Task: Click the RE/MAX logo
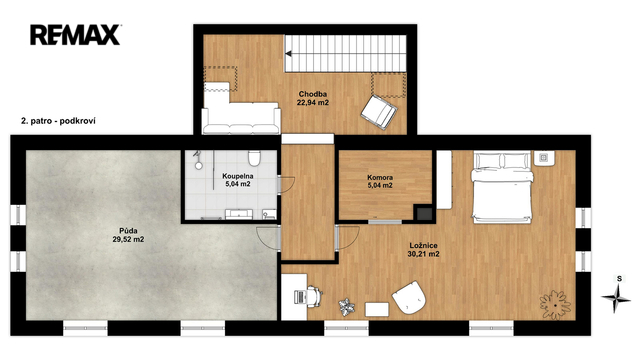[75, 35]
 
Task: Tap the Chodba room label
[313, 94]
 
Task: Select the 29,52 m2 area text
[128, 240]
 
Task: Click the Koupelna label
[238, 176]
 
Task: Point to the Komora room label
[380, 178]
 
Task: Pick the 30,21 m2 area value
[423, 254]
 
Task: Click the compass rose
[616, 298]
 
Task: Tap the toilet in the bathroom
[254, 158]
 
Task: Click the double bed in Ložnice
[502, 187]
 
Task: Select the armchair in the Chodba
[379, 112]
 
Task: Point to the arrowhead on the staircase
[288, 53]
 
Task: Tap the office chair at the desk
[313, 296]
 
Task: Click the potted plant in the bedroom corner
[555, 305]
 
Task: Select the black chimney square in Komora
[424, 213]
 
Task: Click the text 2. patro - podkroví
[58, 121]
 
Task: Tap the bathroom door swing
[286, 184]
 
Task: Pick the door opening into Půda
[269, 238]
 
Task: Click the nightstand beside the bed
[544, 158]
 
